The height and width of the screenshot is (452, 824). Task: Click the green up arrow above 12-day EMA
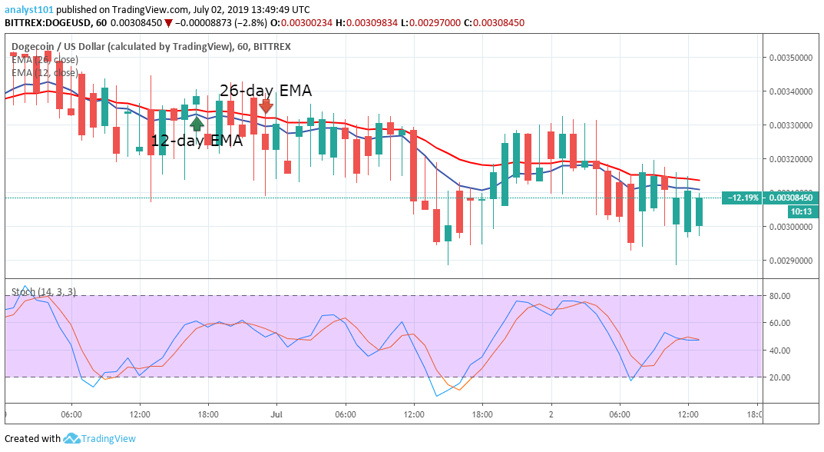(197, 122)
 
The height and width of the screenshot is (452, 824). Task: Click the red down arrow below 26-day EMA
(266, 106)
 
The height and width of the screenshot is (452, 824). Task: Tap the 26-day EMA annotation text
(266, 90)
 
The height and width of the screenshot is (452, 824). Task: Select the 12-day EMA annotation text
(196, 141)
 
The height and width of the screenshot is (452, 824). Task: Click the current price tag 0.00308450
(792, 198)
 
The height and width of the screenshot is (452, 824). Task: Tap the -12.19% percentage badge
(742, 198)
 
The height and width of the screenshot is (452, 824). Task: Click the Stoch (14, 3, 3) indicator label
(43, 292)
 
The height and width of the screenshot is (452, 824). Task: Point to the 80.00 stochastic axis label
(779, 295)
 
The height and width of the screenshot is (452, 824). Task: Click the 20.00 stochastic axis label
(779, 377)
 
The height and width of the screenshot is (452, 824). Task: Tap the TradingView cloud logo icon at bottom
(72, 438)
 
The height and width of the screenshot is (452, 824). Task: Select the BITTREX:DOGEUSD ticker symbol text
(47, 23)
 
